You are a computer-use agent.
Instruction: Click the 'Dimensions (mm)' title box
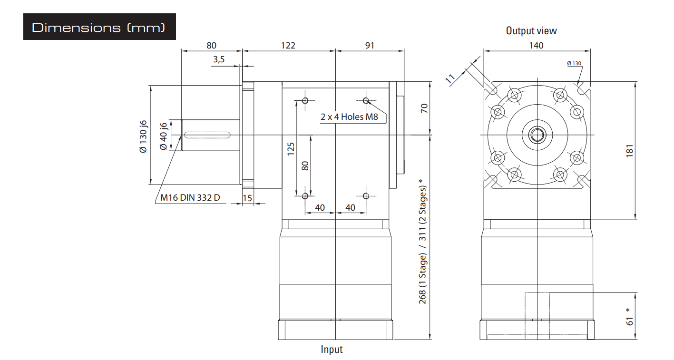pos(99,27)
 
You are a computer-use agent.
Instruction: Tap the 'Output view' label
pos(531,31)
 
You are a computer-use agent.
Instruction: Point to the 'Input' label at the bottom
pos(332,350)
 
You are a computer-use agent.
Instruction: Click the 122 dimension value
pos(288,45)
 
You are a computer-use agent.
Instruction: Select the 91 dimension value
pos(370,45)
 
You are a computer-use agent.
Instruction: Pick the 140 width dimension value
pos(536,45)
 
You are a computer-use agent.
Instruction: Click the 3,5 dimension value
pos(219,59)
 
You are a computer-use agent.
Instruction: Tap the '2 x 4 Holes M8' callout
pos(349,117)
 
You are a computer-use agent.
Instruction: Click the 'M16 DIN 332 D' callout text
pos(190,197)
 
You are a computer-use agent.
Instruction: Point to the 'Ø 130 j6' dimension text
pos(143,136)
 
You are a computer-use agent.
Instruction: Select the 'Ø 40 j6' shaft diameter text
pos(163,136)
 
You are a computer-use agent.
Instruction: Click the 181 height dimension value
pos(629,151)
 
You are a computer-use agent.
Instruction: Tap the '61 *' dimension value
pos(629,317)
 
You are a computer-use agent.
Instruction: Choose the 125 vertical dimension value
pos(291,149)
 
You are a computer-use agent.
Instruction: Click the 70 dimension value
pos(424,108)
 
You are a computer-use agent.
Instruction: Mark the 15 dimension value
pos(247,198)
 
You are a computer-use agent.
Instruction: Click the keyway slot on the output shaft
pos(207,135)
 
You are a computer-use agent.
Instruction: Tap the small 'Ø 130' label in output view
pos(574,63)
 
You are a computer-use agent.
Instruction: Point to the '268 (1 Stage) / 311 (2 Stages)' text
pos(422,242)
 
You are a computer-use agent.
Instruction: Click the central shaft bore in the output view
pos(537,135)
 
